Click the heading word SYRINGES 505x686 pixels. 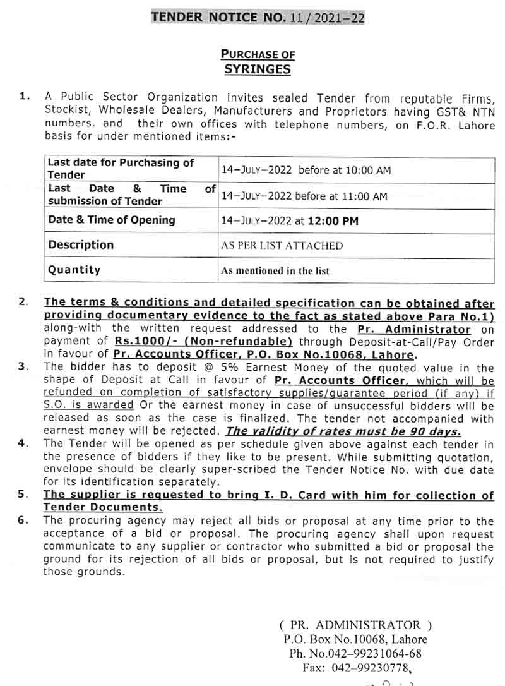tap(258, 69)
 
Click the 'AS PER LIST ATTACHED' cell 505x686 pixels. tap(282, 246)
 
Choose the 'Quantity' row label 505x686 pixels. tap(74, 270)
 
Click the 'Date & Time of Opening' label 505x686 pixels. tap(112, 220)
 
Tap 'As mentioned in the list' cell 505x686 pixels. tap(275, 271)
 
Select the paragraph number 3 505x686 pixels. tap(23, 366)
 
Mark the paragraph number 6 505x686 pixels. tap(23, 521)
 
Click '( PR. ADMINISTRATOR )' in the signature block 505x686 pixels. tap(355, 625)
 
